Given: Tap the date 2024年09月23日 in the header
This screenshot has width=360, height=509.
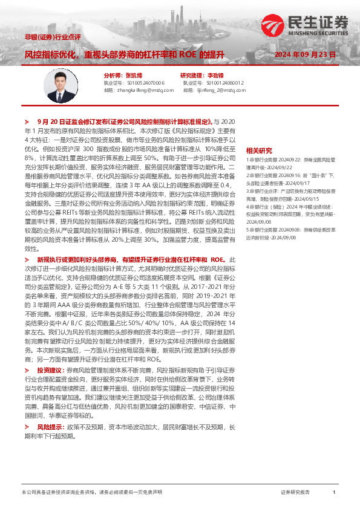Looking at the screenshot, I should pos(305,53).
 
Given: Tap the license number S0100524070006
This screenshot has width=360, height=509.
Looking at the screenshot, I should pos(145,82).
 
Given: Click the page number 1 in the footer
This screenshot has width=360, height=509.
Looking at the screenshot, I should pos(333,492).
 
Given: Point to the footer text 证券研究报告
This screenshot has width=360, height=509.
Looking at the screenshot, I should pos(296,492).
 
